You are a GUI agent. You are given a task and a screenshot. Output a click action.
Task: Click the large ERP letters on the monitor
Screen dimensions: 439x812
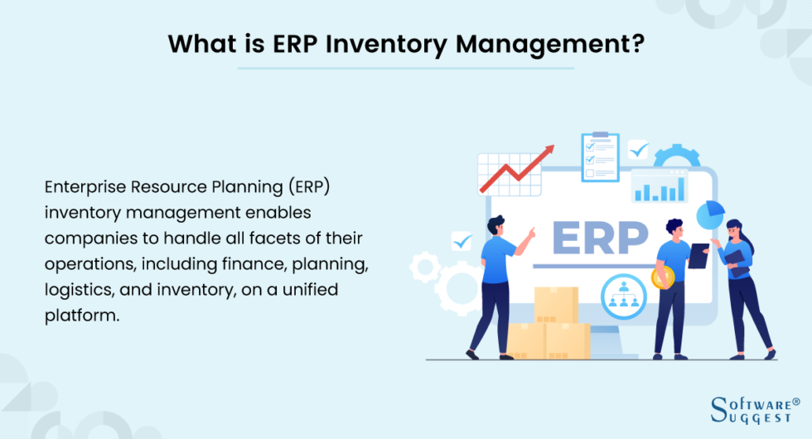pyautogui.click(x=600, y=238)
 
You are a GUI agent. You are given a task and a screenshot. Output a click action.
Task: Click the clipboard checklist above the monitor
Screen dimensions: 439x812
pyautogui.click(x=600, y=155)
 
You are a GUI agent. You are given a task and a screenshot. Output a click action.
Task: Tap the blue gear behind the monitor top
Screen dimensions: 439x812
pyautogui.click(x=677, y=157)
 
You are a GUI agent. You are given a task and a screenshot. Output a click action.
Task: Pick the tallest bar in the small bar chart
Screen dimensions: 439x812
pyautogui.click(x=672, y=188)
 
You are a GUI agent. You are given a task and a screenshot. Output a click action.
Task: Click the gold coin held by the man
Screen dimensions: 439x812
pyautogui.click(x=663, y=277)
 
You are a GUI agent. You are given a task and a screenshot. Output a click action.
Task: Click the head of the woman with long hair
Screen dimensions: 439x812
pyautogui.click(x=735, y=228)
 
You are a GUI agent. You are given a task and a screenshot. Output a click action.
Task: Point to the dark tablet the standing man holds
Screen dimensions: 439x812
pyautogui.click(x=698, y=256)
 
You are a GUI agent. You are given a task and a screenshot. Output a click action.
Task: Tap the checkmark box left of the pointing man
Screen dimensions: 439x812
pyautogui.click(x=461, y=241)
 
